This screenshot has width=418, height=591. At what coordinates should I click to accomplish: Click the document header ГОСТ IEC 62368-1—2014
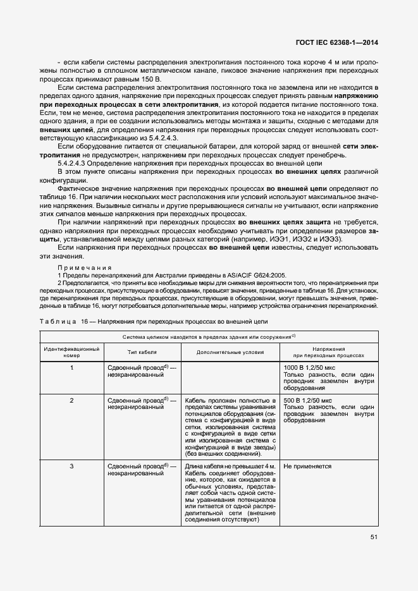(x=341, y=43)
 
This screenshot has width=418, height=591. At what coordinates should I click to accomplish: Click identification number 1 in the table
(x=71, y=367)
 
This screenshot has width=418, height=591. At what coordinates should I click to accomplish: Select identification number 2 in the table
(x=71, y=401)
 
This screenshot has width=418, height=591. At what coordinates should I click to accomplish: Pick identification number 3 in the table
(x=71, y=466)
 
